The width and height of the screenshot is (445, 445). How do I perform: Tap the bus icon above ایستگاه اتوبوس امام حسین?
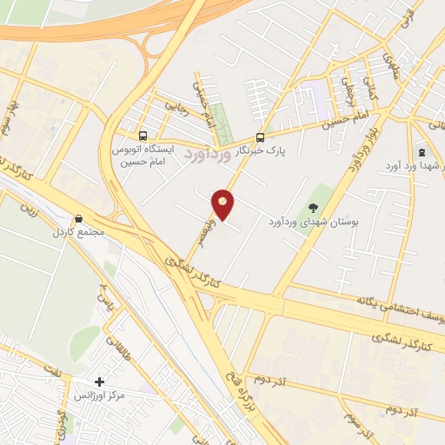pyautogui.click(x=143, y=136)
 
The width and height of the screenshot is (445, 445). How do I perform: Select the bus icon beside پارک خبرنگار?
pyautogui.click(x=260, y=137)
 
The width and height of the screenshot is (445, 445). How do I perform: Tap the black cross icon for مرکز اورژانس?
pyautogui.click(x=100, y=382)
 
